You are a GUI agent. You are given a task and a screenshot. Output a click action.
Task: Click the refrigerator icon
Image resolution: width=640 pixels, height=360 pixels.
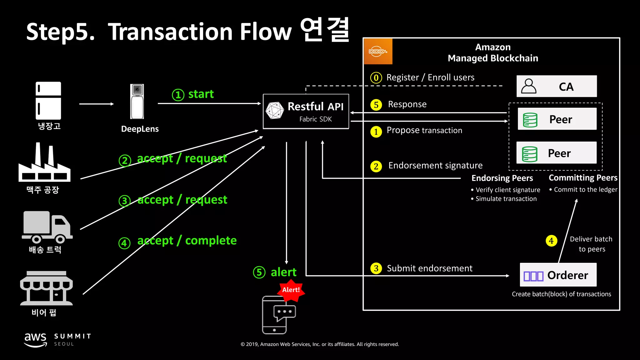pos(48,101)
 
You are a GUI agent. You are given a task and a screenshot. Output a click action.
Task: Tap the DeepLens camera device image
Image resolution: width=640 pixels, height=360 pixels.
pos(137,102)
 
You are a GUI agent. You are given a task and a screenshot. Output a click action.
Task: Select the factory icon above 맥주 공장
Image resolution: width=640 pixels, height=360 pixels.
pos(44,163)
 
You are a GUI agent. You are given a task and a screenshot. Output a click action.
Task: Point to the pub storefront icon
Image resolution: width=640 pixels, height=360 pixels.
pos(46,288)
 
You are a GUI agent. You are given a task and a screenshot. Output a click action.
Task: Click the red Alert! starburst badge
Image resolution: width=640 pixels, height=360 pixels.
pos(291,290)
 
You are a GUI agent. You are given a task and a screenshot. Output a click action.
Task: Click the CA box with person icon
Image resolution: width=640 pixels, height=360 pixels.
pos(556,86)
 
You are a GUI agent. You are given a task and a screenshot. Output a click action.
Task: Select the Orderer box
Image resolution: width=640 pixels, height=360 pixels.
pos(558,275)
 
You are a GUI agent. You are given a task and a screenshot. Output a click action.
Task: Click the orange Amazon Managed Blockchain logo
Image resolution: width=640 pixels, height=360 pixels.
pos(378,52)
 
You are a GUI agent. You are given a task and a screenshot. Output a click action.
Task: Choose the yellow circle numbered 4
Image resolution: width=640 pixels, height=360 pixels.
pos(551,241)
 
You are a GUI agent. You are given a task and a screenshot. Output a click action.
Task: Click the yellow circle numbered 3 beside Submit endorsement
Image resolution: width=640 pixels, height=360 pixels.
pos(376,268)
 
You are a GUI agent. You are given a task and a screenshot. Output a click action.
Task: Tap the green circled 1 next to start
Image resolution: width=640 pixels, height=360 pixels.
pos(178,95)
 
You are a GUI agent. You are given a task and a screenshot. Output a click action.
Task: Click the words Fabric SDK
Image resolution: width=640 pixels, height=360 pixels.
pos(315,119)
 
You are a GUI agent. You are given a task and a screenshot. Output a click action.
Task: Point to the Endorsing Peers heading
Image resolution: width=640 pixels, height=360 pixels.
pos(502,178)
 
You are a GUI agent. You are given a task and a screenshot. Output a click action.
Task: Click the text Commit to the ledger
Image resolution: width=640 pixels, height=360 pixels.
pos(585,190)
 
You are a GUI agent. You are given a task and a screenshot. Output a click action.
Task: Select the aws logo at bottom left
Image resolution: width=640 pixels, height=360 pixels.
pos(36,339)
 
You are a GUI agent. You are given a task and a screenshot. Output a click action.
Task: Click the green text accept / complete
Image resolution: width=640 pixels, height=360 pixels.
pos(187,241)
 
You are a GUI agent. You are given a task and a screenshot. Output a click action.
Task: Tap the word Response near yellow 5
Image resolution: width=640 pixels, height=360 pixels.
pos(407,104)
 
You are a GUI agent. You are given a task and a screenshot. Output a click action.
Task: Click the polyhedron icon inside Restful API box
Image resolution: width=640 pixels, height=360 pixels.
pos(274,111)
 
